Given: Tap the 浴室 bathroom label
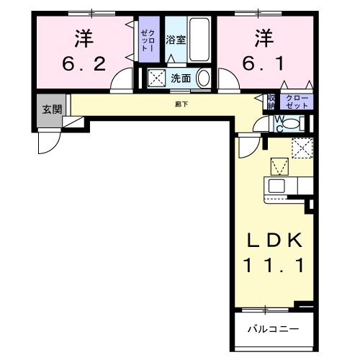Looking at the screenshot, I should point(176,40).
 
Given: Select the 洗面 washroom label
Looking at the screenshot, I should point(180,78).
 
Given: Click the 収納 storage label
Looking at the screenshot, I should point(271,101).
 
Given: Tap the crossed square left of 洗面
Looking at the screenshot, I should point(156,78).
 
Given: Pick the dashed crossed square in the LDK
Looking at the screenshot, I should point(302,148).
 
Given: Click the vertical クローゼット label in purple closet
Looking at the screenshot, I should point(148,40).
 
